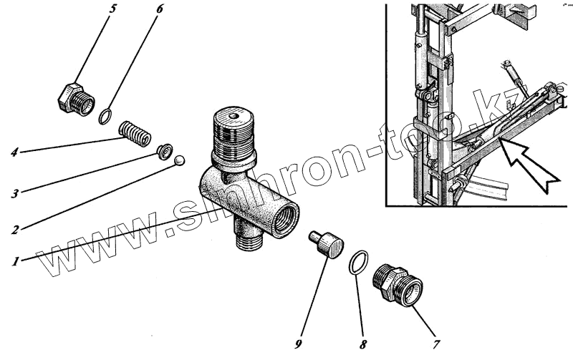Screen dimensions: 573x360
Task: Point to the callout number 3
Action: tap(14, 193)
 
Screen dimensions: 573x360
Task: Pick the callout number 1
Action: tap(14, 261)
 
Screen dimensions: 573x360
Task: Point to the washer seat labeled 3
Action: tap(164, 150)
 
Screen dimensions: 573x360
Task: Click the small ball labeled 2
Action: tap(179, 161)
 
